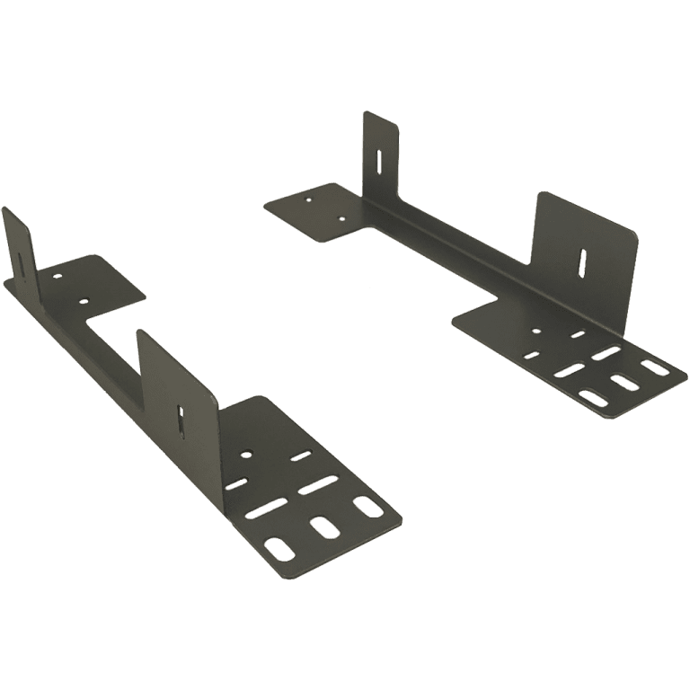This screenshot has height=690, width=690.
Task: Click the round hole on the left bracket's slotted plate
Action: (247, 455)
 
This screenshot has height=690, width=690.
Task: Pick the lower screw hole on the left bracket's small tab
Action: (84, 300)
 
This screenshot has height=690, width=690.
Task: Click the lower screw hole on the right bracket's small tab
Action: (341, 216)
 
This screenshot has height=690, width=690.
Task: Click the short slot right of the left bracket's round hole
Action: (296, 460)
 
